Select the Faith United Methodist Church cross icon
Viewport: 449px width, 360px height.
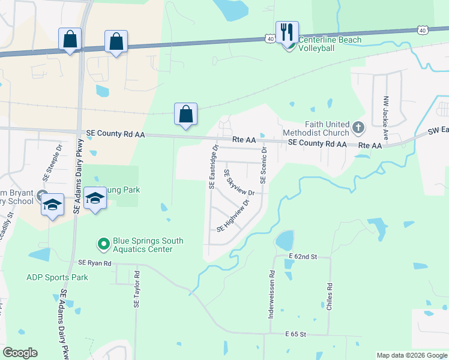coord(358,127)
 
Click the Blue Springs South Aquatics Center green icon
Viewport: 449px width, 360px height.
coord(103,244)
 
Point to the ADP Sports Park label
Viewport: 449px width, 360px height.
coord(57,277)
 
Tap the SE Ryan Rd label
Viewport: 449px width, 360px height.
coord(95,263)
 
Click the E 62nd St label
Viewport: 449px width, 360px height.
coord(301,256)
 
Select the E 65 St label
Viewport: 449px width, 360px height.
coord(295,333)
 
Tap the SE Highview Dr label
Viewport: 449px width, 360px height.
coord(232,220)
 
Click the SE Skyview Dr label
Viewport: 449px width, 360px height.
coord(240,182)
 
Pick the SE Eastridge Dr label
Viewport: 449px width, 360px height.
coord(213,166)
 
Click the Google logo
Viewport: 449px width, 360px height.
coord(20,353)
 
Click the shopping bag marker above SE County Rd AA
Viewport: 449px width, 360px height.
coord(186,114)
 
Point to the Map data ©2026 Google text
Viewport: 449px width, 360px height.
coord(411,355)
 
